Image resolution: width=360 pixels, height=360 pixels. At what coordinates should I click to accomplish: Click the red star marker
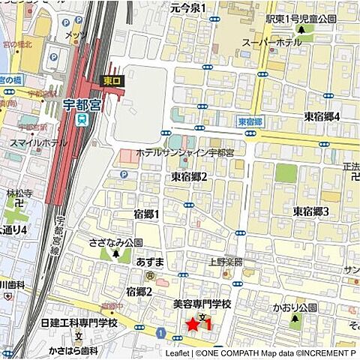point(193,324)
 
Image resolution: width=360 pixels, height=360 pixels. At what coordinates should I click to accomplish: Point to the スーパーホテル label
point(267,43)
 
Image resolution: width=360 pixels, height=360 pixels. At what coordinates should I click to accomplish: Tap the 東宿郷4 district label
point(322,116)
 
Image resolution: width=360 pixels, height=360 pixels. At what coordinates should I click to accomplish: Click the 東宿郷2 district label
point(189,176)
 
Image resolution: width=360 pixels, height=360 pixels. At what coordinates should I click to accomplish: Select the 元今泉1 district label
point(187,7)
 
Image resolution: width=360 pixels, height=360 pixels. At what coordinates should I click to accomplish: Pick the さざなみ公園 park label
point(115,243)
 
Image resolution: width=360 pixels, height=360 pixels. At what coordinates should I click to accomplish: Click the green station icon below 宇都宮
point(82,119)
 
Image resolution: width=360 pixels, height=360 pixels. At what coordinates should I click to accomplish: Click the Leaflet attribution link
point(177,352)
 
